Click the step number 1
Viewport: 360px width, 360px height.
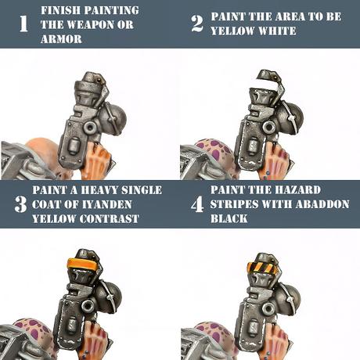[x=23, y=23]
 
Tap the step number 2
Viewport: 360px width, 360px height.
[x=197, y=23]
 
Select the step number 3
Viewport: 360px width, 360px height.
[x=20, y=204]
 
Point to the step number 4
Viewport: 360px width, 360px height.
[x=197, y=204]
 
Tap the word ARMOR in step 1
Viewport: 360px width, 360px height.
[x=61, y=39]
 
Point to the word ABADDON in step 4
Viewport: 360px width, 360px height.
[x=323, y=204]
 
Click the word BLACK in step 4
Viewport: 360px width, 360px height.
[x=229, y=218]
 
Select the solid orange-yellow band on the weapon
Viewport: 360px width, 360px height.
[x=81, y=265]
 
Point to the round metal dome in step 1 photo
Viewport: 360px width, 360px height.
[x=114, y=119]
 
